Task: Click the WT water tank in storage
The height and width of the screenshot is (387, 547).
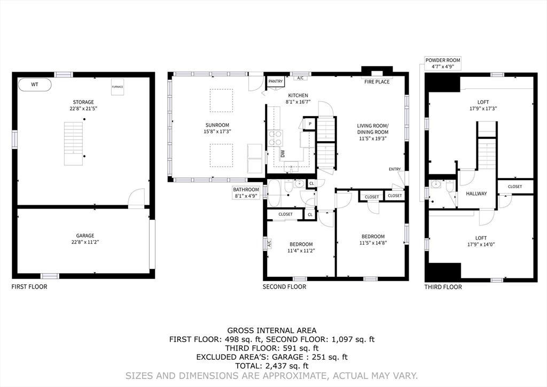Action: [35, 84]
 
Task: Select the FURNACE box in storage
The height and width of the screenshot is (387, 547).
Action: [118, 87]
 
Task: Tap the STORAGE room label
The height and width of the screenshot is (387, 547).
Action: [83, 102]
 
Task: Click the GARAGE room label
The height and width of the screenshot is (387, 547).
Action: [85, 236]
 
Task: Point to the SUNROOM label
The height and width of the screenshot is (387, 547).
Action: [217, 125]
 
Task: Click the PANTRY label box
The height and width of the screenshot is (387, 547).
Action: [276, 81]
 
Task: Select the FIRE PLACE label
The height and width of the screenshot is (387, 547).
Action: [377, 82]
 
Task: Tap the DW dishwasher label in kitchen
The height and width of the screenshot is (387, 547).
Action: [283, 153]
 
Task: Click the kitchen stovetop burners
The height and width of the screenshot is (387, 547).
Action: [275, 138]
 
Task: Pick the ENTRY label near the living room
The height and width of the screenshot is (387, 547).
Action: [395, 169]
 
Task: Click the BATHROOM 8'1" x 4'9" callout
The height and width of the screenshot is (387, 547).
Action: [246, 192]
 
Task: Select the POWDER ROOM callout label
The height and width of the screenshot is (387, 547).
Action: [443, 63]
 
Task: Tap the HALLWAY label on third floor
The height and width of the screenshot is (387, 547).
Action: [476, 193]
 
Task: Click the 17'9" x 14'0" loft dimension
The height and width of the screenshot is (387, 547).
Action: [481, 245]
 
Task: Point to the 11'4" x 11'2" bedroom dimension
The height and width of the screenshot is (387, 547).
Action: [301, 251]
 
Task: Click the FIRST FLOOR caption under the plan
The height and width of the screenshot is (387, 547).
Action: [29, 287]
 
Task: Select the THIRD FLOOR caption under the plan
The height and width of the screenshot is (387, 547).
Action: [443, 287]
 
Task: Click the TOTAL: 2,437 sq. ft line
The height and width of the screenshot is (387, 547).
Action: [272, 366]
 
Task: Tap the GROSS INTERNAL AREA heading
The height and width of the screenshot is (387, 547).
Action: [272, 330]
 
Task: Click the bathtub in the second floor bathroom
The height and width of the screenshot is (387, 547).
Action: [274, 193]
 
